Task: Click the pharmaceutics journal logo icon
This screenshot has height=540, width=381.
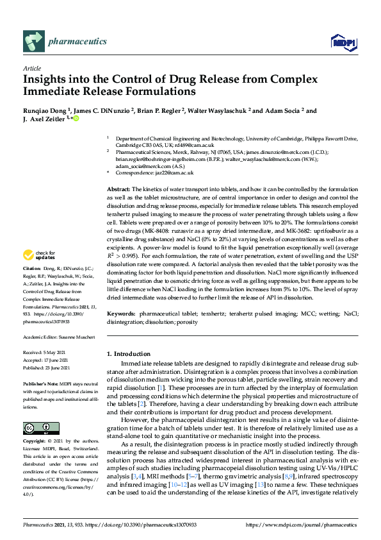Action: pos(33,41)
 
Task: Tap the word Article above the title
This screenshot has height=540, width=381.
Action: pos(31,68)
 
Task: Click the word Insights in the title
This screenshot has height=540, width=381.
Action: pos(46,80)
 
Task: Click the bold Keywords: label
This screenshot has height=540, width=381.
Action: pos(120,313)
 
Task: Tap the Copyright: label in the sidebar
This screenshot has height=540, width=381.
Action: pos(35,442)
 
